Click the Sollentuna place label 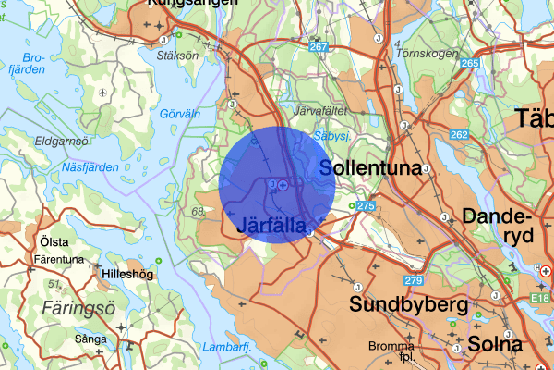pos(369,167)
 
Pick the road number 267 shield pos(319,47)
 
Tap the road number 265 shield pos(471,63)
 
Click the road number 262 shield pos(458,134)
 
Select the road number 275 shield pos(366,205)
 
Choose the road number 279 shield pos(413,280)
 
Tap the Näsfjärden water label pos(90,167)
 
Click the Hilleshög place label pos(127,275)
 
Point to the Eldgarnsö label pos(60,142)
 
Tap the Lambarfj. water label pos(226,348)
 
